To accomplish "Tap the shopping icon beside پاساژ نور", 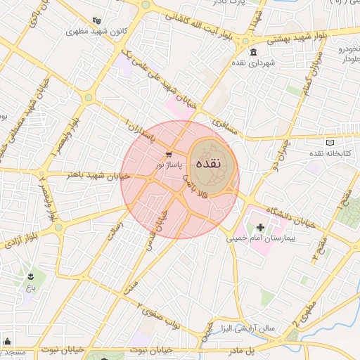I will tap(169, 154).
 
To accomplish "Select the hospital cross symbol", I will tap(261, 227).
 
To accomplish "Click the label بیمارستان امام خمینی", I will tap(257, 240).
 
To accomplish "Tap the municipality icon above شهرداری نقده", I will tap(253, 53).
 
